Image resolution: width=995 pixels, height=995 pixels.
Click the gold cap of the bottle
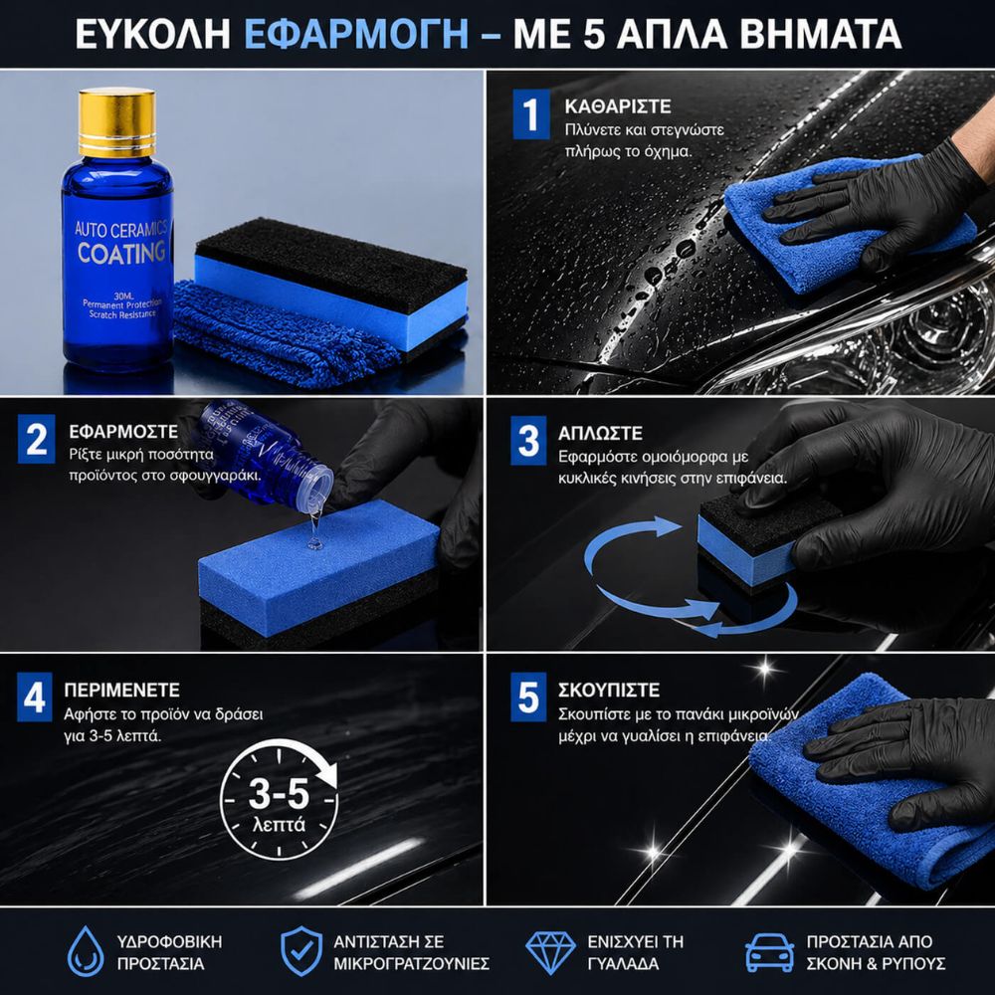(116, 122)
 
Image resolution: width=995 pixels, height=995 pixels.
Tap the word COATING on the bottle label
(121, 253)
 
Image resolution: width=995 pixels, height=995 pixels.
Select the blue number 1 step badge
(531, 114)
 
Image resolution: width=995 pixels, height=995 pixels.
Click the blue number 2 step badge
(36, 439)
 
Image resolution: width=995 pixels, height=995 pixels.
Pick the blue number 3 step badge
(528, 441)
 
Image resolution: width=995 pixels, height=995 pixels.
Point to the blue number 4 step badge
(34, 696)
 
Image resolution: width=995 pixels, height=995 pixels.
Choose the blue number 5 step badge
(528, 696)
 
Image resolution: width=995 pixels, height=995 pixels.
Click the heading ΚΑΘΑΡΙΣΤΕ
(618, 106)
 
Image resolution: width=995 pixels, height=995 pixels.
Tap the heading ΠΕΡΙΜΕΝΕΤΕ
(121, 690)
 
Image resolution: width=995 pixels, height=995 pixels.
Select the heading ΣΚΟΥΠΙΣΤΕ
(609, 690)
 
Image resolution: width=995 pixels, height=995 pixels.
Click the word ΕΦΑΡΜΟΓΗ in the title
(356, 34)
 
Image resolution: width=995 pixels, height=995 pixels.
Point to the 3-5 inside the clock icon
(279, 793)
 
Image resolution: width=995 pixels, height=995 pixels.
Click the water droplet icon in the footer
(86, 951)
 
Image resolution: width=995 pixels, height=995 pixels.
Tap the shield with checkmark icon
(301, 951)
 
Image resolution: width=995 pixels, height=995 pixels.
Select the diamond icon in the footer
(551, 952)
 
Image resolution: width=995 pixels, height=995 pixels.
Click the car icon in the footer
(769, 952)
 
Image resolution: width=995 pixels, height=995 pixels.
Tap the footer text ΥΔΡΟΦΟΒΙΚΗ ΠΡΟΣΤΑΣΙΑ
(169, 952)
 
